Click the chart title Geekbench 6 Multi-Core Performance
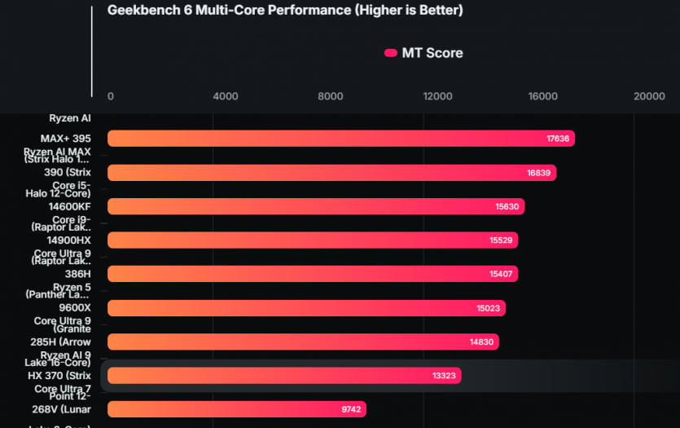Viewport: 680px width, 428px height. pyautogui.click(x=285, y=11)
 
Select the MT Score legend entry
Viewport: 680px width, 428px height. pyautogui.click(x=423, y=53)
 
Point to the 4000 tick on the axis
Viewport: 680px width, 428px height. pyautogui.click(x=225, y=96)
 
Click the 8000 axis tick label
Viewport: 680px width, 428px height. pyautogui.click(x=331, y=96)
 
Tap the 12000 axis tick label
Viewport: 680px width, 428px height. pyautogui.click(x=437, y=96)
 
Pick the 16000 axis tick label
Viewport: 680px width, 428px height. pyautogui.click(x=543, y=96)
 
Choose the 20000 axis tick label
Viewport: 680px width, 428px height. pyautogui.click(x=649, y=96)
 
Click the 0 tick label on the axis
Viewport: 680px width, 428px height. pyautogui.click(x=111, y=96)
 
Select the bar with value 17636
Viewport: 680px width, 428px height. pyautogui.click(x=340, y=139)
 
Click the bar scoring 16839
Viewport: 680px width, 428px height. pyautogui.click(x=331, y=173)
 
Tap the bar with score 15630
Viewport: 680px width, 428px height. pyautogui.click(x=316, y=206)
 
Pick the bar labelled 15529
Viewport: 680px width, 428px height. pyautogui.click(x=313, y=240)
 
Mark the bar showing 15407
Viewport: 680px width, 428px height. pyautogui.click(x=313, y=274)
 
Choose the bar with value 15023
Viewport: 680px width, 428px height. pyautogui.click(x=306, y=308)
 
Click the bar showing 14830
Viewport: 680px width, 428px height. pyautogui.click(x=303, y=342)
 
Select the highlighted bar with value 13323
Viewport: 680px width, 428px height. pyautogui.click(x=284, y=376)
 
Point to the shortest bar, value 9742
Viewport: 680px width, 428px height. pyautogui.click(x=237, y=409)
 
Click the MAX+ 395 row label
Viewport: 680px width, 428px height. pyautogui.click(x=66, y=139)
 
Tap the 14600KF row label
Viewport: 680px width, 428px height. pyautogui.click(x=69, y=206)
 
